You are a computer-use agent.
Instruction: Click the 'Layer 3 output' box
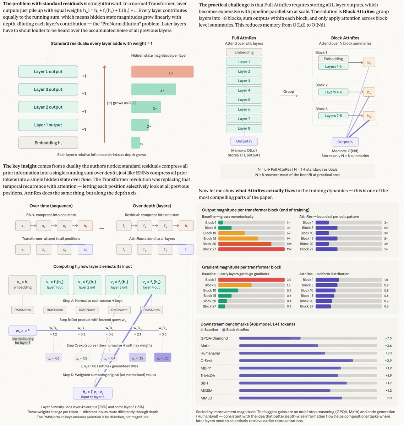(x=48, y=89)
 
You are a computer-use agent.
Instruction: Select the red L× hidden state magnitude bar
(x=162, y=72)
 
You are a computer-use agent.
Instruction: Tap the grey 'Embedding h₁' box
(x=48, y=143)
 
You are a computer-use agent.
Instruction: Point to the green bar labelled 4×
(x=153, y=90)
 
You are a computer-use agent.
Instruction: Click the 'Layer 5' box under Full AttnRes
(x=244, y=100)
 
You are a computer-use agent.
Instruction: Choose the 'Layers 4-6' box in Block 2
(x=333, y=92)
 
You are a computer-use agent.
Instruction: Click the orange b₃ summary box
(x=369, y=116)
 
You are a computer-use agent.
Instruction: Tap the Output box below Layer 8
(x=244, y=141)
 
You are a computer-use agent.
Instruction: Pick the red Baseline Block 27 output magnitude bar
(x=252, y=249)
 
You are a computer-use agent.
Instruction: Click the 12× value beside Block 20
(x=289, y=244)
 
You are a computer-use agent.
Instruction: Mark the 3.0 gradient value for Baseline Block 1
(x=289, y=280)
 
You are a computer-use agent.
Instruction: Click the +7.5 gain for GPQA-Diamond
(x=388, y=338)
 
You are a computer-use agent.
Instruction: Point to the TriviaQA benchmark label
(x=208, y=376)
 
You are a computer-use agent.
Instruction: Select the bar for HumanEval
(x=282, y=353)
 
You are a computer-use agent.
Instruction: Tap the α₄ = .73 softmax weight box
(x=163, y=358)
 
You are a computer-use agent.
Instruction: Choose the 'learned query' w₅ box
(x=23, y=331)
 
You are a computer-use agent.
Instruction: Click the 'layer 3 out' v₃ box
(x=119, y=285)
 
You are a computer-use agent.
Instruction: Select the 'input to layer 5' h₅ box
(x=93, y=393)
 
